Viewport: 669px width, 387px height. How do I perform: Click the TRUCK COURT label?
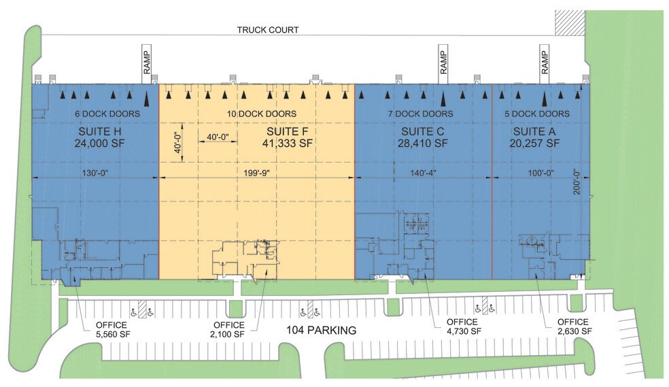268,30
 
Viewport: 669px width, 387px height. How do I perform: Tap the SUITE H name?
95,131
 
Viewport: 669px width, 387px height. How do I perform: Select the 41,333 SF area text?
287,143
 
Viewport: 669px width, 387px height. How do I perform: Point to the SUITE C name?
422,131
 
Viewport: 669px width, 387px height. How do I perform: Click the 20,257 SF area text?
534,143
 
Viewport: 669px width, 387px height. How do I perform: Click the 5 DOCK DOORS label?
541,114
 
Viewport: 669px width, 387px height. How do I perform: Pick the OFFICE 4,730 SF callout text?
464,326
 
